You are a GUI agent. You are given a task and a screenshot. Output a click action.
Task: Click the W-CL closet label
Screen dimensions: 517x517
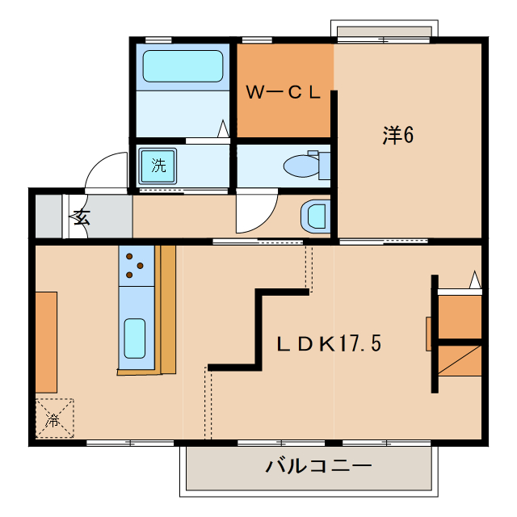pos(284,93)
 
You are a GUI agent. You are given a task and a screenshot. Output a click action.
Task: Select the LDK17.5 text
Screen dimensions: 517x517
pos(329,343)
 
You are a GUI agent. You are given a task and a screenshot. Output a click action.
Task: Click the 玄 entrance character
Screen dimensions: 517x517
pos(81,216)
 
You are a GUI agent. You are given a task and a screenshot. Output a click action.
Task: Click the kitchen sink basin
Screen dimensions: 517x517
pos(134,338)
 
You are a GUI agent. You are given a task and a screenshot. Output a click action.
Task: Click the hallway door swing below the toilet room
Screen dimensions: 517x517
pos(254,212)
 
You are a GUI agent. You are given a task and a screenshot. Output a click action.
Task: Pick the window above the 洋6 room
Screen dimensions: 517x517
pos(384,34)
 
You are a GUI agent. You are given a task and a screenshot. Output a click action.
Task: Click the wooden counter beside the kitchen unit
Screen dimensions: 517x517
pos(167,309)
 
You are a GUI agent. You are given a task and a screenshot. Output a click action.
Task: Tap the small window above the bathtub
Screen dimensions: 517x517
pos(159,39)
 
